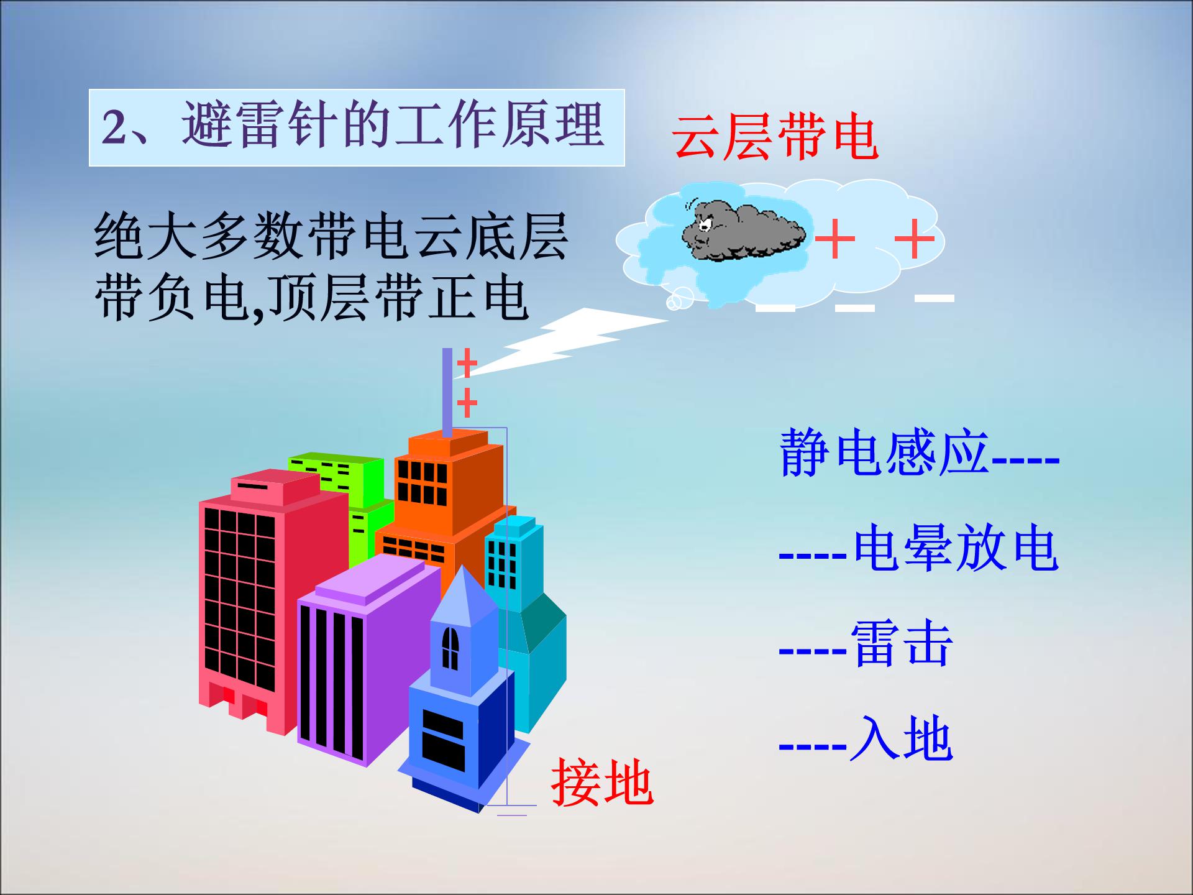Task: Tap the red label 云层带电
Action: [775, 137]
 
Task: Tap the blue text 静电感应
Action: [884, 452]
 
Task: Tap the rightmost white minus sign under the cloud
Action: [934, 298]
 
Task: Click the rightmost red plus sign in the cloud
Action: [914, 239]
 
